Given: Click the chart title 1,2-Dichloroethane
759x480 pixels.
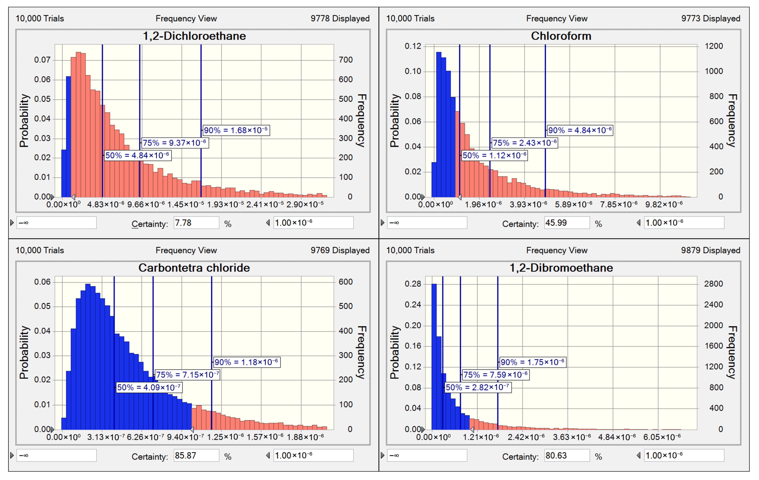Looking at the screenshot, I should point(194,36).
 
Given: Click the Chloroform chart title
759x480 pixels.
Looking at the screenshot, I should point(561,36).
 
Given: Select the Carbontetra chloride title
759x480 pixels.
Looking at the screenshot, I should point(194,268).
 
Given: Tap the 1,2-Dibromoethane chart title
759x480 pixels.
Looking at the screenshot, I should point(561,268).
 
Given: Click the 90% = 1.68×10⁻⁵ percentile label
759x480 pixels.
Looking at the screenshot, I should point(236,130).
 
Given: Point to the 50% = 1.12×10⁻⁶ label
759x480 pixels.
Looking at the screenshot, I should point(494,155).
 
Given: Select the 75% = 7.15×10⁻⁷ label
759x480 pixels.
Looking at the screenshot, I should point(187,375).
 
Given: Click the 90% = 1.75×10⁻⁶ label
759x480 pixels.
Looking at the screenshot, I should point(533,362).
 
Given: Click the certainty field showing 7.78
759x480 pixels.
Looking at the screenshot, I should point(196,223).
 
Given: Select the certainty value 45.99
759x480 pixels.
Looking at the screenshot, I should point(567,223).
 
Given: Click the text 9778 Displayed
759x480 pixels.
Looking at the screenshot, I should point(340,19).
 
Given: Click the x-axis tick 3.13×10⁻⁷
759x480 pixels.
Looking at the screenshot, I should point(106,437).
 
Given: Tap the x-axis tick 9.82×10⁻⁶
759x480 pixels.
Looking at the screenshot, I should point(664,205).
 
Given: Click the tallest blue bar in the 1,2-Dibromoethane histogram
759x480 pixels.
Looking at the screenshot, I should point(434,356).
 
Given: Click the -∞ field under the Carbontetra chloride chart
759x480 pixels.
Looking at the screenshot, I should point(57,455).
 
